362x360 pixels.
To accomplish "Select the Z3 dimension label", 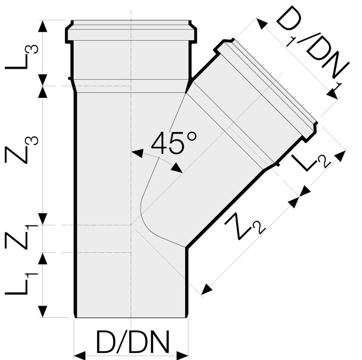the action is point(21,149).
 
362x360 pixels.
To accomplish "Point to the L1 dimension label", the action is point(21,284).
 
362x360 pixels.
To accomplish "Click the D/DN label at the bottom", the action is point(132,342).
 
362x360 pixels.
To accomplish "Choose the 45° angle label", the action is point(174,143).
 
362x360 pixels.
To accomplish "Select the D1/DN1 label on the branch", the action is point(312,50).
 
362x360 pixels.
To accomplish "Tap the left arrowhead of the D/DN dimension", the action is point(80,356).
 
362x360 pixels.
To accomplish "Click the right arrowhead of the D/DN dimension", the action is point(182,356).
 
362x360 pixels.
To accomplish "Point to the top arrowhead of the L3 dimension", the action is point(42,26).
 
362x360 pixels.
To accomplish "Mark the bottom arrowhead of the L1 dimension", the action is point(42,312).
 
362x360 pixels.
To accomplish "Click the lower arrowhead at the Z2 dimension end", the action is point(207,290).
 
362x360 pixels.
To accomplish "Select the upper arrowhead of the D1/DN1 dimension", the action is point(262,24).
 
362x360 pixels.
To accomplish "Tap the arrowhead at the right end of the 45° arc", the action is point(177,168).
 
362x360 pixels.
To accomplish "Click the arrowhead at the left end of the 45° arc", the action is point(137,153).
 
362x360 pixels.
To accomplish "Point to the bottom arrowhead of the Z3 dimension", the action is point(42,219).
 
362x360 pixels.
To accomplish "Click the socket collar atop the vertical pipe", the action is point(131,32).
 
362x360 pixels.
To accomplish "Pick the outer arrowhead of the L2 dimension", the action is point(341,156).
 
